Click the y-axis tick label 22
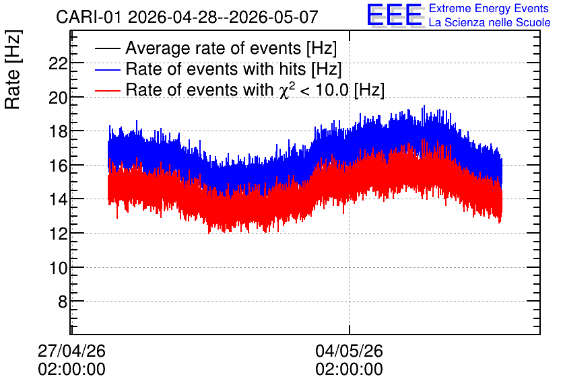[58, 64]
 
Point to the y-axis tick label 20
[58, 98]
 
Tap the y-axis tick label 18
[58, 132]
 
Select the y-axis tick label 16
[58, 166]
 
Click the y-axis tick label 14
[58, 199]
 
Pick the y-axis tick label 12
[58, 234]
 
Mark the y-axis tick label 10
[58, 268]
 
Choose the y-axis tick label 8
[63, 302]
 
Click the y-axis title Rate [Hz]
[13, 70]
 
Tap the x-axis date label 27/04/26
[71, 351]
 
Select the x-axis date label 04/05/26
[349, 351]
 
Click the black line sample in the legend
[107, 48]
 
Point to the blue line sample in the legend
[107, 69]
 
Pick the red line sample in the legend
[107, 90]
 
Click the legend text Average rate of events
[213, 48]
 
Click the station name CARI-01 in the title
[89, 17]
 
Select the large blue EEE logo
[395, 15]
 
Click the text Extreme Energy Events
[489, 8]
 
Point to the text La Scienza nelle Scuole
[490, 22]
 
